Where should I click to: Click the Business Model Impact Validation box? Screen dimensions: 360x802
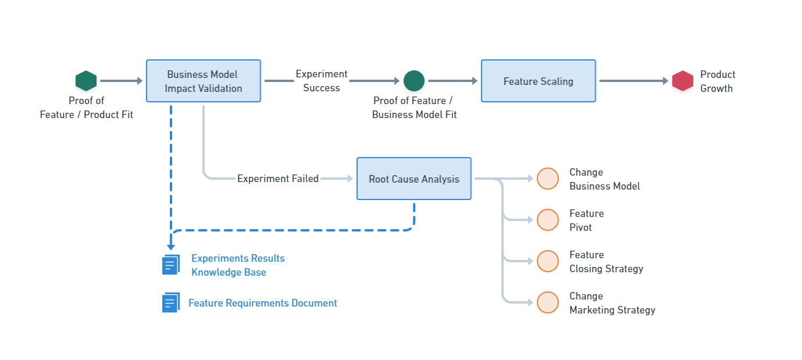pyautogui.click(x=203, y=81)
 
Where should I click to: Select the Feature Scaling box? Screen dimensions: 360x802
pyautogui.click(x=538, y=81)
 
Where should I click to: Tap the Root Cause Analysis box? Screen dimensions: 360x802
pyautogui.click(x=414, y=179)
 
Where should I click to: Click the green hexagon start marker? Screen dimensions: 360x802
pyautogui.click(x=86, y=81)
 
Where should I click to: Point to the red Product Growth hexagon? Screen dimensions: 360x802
pyautogui.click(x=683, y=81)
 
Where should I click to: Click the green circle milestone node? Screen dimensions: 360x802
pyautogui.click(x=414, y=81)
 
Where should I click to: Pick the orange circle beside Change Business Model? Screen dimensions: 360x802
pyautogui.click(x=547, y=179)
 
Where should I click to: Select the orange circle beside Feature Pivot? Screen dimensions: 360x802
pyautogui.click(x=547, y=220)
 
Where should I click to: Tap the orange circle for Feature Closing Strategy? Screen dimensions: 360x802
pyautogui.click(x=547, y=261)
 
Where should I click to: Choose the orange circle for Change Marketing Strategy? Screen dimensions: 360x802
pyautogui.click(x=547, y=302)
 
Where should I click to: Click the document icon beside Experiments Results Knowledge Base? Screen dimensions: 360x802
pyautogui.click(x=170, y=265)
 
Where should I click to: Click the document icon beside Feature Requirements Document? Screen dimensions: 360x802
pyautogui.click(x=170, y=302)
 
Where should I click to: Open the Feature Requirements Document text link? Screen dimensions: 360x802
pyautogui.click(x=262, y=303)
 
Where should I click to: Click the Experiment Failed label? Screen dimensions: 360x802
pyautogui.click(x=277, y=179)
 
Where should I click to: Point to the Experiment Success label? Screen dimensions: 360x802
pyautogui.click(x=321, y=81)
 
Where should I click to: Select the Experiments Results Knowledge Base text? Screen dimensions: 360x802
pyautogui.click(x=238, y=265)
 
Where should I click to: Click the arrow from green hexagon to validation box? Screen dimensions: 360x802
pyautogui.click(x=121, y=81)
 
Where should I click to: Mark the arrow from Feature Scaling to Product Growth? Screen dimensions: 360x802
pyautogui.click(x=634, y=81)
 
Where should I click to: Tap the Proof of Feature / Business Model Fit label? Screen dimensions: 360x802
pyautogui.click(x=414, y=108)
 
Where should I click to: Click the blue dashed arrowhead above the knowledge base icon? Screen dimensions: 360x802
pyautogui.click(x=171, y=247)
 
